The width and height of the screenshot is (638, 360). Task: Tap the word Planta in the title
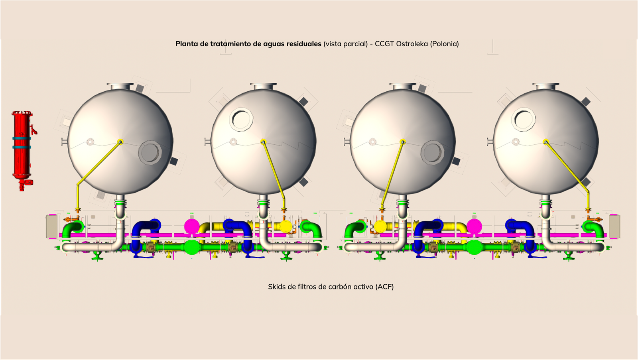(187, 44)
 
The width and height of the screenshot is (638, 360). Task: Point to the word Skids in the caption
(276, 287)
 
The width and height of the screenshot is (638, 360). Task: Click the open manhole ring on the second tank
(241, 119)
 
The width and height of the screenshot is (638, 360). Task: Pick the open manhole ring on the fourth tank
(524, 119)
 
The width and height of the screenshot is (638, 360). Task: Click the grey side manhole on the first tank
(150, 152)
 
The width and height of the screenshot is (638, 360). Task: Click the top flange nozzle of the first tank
(120, 86)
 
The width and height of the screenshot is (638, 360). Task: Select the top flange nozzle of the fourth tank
(546, 86)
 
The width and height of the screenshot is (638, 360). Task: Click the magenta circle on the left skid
(192, 226)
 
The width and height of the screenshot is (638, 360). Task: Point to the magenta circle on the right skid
(474, 226)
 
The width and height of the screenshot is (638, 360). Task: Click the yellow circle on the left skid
(286, 226)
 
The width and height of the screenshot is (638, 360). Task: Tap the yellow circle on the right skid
(380, 226)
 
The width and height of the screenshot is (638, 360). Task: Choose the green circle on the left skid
(192, 248)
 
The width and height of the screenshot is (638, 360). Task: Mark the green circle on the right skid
(474, 248)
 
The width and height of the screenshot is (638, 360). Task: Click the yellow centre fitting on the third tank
(402, 141)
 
